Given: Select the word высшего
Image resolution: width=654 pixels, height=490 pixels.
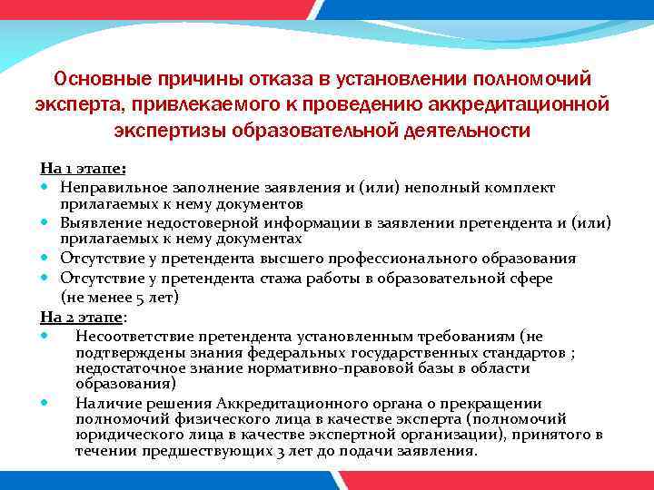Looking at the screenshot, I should point(300,259).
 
